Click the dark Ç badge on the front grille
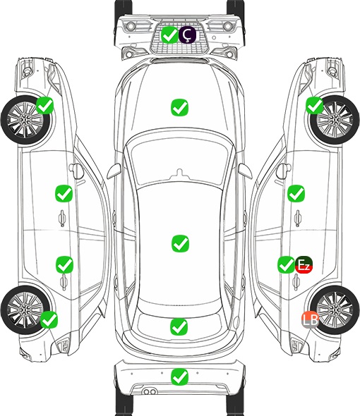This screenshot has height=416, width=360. tap(187, 35)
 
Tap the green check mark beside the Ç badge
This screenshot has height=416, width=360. tap(169, 35)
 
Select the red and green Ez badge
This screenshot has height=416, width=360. tap(304, 265)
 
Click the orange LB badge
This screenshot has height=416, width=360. tap(310, 319)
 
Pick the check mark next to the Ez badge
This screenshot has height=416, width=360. tap(286, 265)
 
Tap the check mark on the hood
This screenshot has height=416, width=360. tap(180, 107)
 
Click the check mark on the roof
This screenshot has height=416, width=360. tap(181, 243)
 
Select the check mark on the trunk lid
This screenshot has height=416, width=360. tap(179, 326)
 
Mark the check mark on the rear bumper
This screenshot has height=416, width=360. tap(180, 377)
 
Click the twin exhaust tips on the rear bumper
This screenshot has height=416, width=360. tap(150, 392)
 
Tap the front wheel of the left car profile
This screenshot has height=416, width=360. tap(25, 120)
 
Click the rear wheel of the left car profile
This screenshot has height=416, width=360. tap(25, 310)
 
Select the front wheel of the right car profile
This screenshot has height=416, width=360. tap(335, 120)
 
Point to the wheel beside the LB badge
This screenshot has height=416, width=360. tap(335, 310)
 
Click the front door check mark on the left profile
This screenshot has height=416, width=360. tap(64, 193)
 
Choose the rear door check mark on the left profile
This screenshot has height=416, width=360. tap(64, 264)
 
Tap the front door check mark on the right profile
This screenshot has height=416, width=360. tap(296, 193)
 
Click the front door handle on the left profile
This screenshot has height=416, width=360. tap(62, 219)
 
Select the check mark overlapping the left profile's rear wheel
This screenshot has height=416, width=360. tap(49, 319)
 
